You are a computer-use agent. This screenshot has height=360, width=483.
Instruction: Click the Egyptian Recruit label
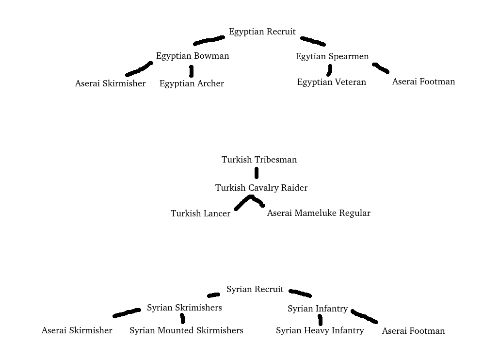click(262, 32)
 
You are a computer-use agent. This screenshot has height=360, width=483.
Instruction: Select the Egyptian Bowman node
click(193, 56)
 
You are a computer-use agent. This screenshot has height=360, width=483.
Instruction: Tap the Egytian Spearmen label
click(332, 56)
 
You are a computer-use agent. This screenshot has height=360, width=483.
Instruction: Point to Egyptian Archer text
click(192, 83)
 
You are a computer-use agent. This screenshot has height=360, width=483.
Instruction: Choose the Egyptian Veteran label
click(332, 82)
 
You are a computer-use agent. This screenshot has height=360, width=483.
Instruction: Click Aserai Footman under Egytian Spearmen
click(423, 82)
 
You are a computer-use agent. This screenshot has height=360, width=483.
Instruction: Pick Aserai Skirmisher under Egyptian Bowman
click(110, 83)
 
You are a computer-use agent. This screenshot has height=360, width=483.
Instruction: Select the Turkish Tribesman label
click(259, 160)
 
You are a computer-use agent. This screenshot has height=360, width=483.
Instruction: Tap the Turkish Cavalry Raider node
click(261, 188)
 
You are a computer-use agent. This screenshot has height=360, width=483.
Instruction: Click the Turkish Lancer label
click(200, 213)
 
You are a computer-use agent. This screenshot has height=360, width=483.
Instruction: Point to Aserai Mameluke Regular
click(319, 213)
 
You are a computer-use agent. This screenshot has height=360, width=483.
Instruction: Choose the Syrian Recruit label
click(255, 290)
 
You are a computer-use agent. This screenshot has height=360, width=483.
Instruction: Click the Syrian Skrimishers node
click(184, 308)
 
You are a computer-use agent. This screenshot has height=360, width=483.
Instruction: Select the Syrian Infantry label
click(318, 309)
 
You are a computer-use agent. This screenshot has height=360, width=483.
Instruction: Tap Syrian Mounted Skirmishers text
click(186, 330)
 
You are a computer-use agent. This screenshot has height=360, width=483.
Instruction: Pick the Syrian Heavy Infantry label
click(320, 330)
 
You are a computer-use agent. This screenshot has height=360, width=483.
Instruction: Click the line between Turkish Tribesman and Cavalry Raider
click(257, 173)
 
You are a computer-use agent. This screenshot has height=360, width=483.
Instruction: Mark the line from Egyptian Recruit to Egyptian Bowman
click(209, 40)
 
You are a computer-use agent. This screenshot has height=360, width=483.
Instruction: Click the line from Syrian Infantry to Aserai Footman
click(364, 316)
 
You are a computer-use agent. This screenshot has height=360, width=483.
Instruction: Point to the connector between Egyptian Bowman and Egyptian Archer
click(191, 71)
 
